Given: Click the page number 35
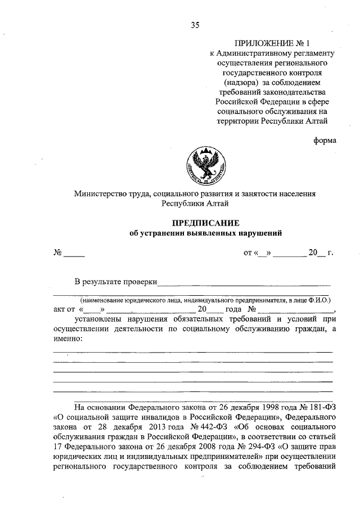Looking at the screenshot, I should (195, 24).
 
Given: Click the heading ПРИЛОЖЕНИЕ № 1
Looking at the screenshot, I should (269, 43).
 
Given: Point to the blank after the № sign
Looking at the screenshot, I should (74, 254).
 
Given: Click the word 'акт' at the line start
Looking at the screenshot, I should (60, 309).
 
